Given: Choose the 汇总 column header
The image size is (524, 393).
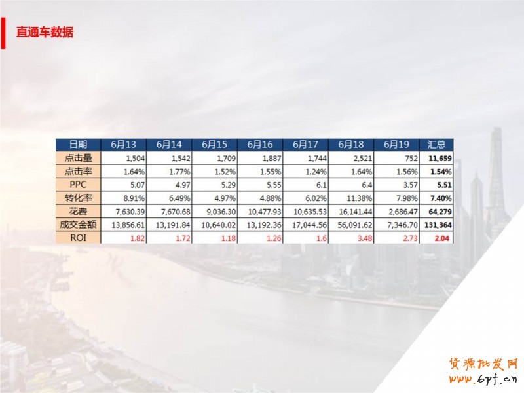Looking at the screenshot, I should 437,145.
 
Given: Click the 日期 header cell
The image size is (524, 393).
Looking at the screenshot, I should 78,145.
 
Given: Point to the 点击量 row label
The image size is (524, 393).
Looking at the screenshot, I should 78,158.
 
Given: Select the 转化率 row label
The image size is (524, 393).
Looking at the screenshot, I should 78,198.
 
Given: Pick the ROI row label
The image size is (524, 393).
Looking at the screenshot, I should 78,238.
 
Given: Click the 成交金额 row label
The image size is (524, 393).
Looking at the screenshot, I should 78,225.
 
